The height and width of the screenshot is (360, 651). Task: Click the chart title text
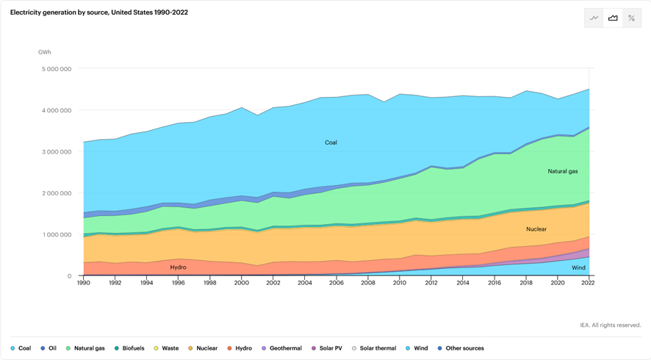(x=98, y=12)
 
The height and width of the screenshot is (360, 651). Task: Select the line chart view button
(x=594, y=18)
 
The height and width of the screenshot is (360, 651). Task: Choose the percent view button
(x=631, y=18)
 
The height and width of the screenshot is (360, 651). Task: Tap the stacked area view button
(x=613, y=18)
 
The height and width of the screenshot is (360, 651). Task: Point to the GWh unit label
(x=45, y=52)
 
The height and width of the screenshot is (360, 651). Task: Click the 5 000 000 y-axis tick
(x=56, y=69)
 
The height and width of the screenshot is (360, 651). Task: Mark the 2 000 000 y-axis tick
(x=56, y=193)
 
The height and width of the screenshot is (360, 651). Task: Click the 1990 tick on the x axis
(x=84, y=282)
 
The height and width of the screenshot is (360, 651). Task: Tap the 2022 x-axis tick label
(x=589, y=282)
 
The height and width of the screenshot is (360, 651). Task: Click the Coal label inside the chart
(x=331, y=143)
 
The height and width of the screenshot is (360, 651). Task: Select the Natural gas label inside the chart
(x=563, y=171)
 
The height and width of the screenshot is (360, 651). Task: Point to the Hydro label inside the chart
(x=178, y=267)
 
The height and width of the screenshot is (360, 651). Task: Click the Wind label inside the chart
(x=578, y=268)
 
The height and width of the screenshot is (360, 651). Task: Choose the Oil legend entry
(x=49, y=348)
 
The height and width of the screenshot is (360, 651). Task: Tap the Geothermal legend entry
(x=281, y=348)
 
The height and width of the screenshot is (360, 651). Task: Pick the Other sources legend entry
(x=461, y=348)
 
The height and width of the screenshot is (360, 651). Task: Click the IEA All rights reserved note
(x=610, y=325)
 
